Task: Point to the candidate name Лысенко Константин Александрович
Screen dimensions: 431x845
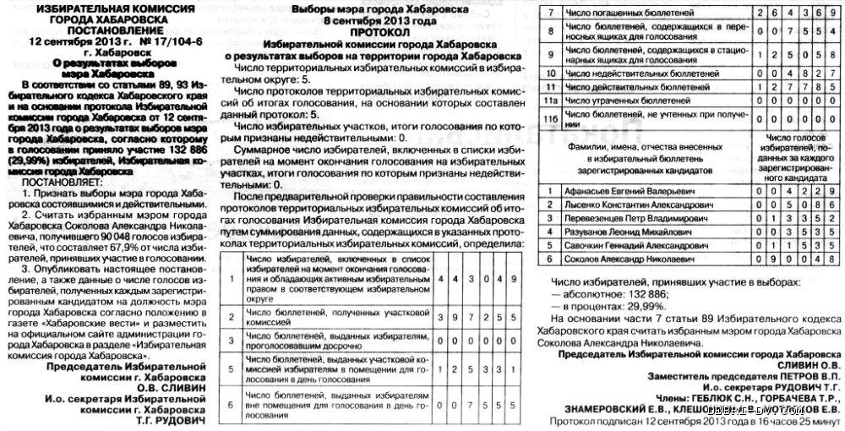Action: tap(631, 205)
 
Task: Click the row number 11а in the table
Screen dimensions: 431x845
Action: tap(550, 99)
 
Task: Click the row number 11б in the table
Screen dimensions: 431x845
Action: tap(550, 115)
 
